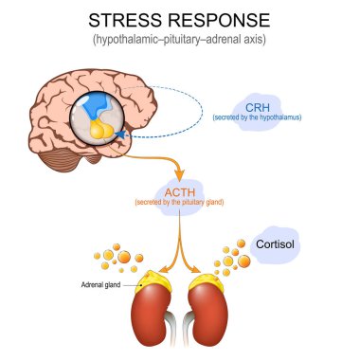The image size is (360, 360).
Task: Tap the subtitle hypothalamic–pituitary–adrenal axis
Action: pos(179,41)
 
